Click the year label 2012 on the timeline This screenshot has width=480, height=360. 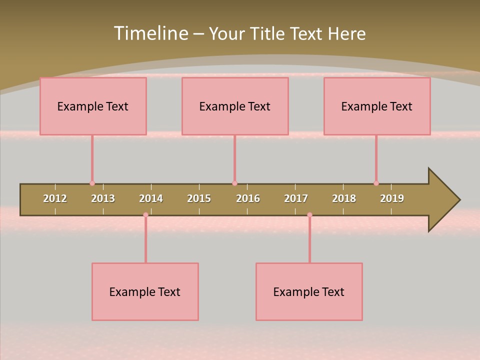click(x=55, y=198)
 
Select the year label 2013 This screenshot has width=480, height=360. click(x=103, y=198)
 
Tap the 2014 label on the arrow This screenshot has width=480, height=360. click(x=151, y=198)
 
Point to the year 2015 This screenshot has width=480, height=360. click(x=199, y=198)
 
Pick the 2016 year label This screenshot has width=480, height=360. click(x=248, y=198)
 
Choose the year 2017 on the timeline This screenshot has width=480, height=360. click(x=296, y=198)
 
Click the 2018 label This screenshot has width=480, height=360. click(x=344, y=198)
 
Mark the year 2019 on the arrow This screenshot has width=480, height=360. click(x=392, y=198)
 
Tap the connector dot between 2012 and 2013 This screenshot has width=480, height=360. click(x=92, y=183)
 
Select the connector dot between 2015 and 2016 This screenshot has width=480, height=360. click(x=234, y=183)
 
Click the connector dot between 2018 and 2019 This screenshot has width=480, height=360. click(x=376, y=183)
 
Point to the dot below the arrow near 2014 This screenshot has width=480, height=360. click(x=145, y=215)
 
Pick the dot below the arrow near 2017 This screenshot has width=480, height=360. click(x=309, y=215)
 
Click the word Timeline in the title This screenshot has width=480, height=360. click(x=150, y=33)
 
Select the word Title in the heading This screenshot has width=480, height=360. click(x=268, y=33)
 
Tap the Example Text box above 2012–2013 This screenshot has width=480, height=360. click(x=93, y=106)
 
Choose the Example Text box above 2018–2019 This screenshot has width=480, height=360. click(x=377, y=106)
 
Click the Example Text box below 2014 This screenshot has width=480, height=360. click(x=145, y=291)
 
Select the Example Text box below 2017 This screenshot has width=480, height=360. click(x=309, y=291)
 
